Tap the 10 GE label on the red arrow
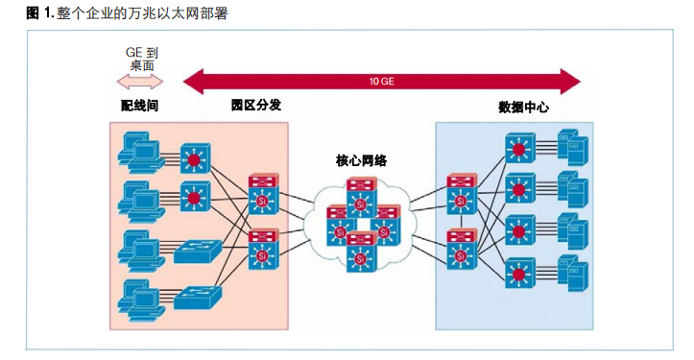(381, 81)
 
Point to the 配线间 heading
(139, 106)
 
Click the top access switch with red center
(196, 156)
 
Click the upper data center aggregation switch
(461, 195)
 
